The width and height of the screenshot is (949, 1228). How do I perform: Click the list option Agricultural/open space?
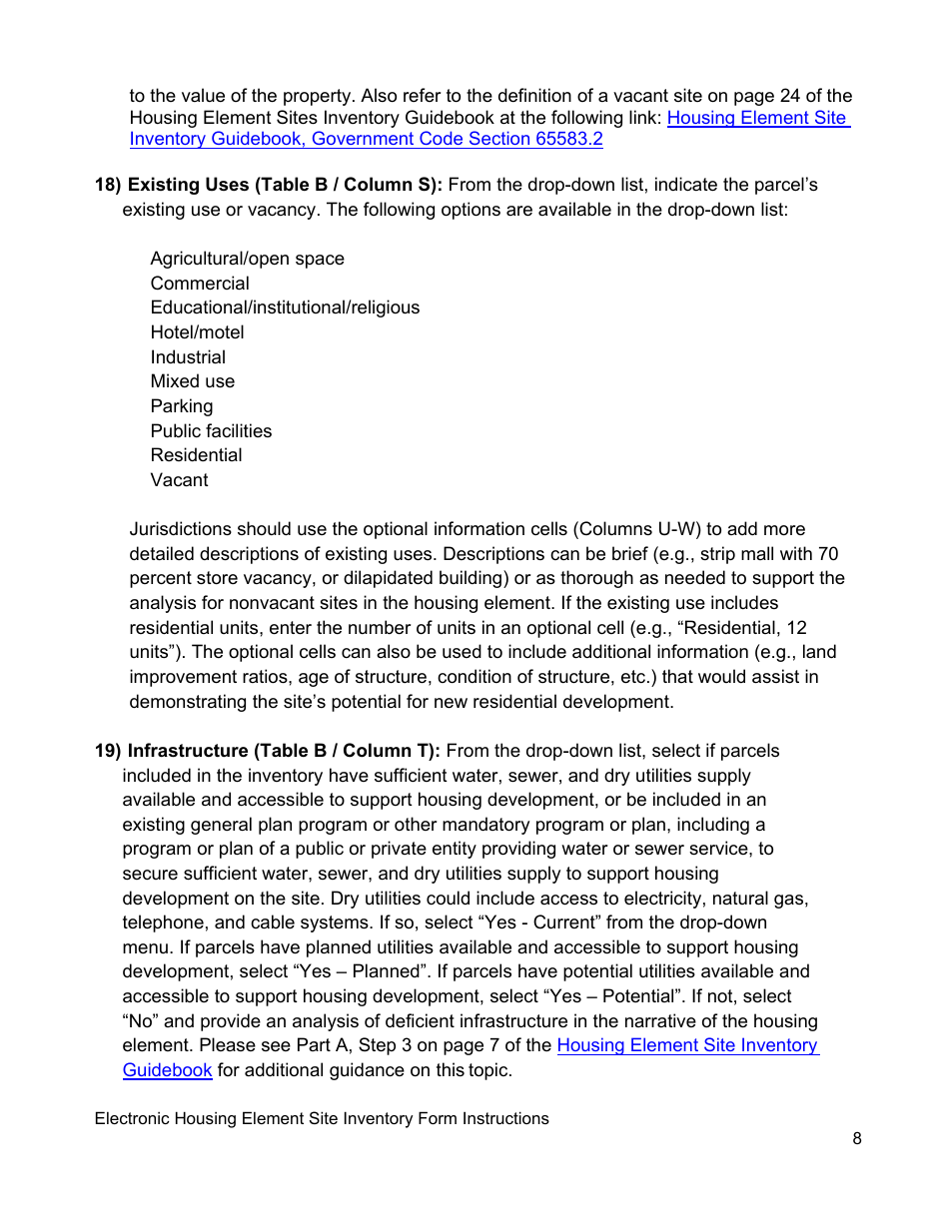[x=247, y=259]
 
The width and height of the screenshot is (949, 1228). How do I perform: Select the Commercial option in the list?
[x=200, y=284]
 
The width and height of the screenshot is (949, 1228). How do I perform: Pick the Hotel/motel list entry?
[x=197, y=332]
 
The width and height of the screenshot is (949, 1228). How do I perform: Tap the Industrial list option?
[x=188, y=357]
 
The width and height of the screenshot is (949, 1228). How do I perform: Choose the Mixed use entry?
[x=192, y=381]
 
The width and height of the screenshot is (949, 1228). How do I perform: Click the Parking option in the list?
[x=181, y=406]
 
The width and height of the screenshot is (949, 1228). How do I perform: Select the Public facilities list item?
[x=211, y=431]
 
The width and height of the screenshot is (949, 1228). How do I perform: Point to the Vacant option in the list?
[x=179, y=480]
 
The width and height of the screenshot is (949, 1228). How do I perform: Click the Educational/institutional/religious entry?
[x=285, y=307]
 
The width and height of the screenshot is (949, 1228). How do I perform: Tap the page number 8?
[x=857, y=1138]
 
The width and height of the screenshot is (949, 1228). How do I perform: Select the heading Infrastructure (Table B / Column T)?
[x=284, y=751]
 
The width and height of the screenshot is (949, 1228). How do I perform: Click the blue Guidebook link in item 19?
[x=167, y=1070]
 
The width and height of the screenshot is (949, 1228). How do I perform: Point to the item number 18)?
[x=108, y=185]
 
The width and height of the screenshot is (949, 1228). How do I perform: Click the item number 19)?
[x=108, y=751]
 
